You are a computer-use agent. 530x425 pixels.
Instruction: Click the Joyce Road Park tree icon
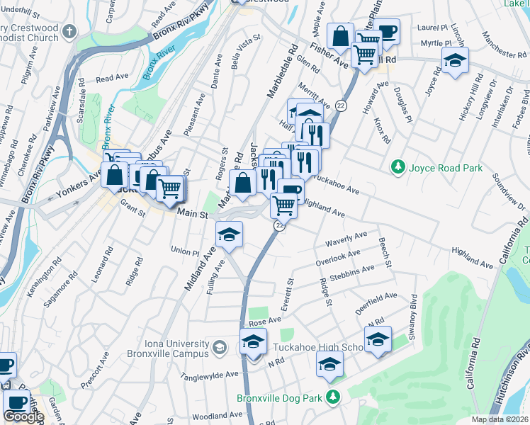(398, 168)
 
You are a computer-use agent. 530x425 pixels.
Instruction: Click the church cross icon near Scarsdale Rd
(69, 32)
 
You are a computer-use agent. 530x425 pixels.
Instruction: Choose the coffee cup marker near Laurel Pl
(387, 31)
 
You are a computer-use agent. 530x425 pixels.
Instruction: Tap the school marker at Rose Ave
(253, 341)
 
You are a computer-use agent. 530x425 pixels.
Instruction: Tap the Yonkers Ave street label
(79, 187)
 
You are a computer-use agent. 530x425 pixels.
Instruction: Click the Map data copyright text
(500, 419)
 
